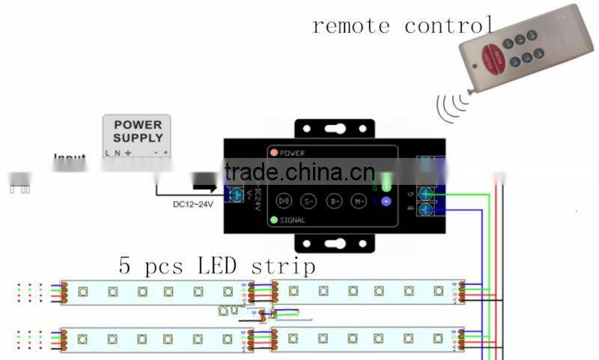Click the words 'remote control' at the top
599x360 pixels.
[x=402, y=25]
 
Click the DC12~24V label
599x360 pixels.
[x=183, y=204]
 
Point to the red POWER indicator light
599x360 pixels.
[x=274, y=153]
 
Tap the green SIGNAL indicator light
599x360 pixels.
[x=274, y=220]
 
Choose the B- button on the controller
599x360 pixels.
[x=334, y=201]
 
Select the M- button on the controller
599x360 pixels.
[x=360, y=201]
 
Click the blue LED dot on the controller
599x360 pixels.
[x=386, y=201]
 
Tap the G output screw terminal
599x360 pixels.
[x=426, y=192]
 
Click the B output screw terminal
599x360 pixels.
[x=426, y=210]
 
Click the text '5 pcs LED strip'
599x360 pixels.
[x=216, y=266]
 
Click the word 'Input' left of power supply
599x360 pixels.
[x=69, y=159]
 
